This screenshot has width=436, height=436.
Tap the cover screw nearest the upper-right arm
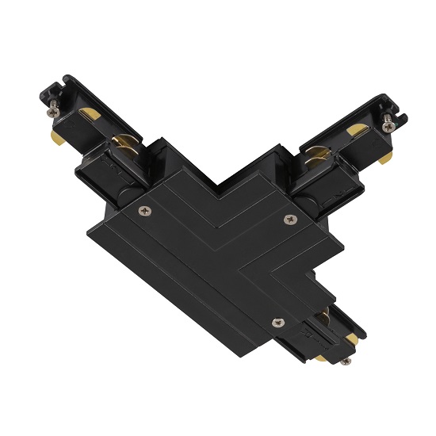tap(286, 218)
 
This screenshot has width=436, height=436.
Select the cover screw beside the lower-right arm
tap(277, 321)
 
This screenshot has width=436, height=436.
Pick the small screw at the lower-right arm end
tap(346, 361)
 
